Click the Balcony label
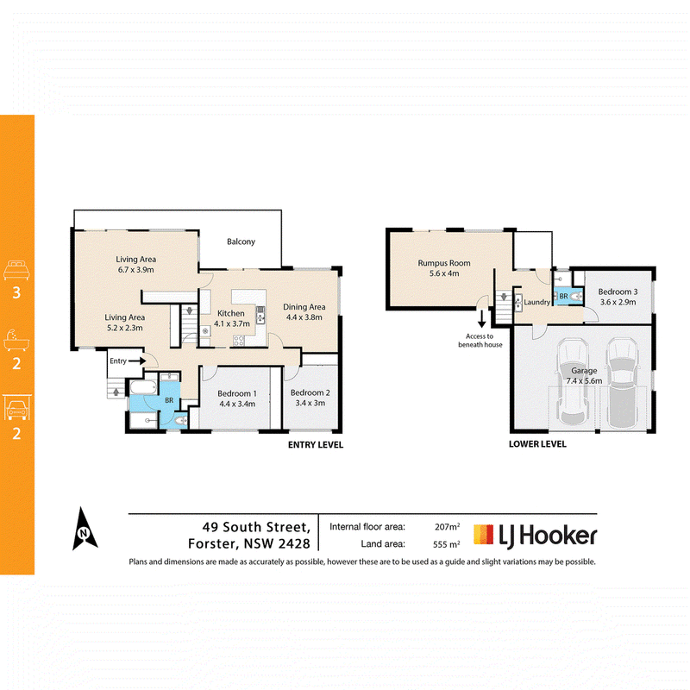coord(241,241)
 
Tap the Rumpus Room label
coord(444,263)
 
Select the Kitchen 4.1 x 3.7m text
coord(231,318)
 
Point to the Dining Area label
coord(304,307)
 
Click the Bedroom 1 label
coord(236,393)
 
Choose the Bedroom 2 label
coord(310,392)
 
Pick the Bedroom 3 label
coord(618,292)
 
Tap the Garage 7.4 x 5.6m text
coord(584,376)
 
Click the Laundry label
coord(536,302)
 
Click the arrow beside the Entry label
coord(137,361)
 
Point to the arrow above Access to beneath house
coord(482,319)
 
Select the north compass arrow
coord(85,529)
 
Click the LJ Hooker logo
coord(535,536)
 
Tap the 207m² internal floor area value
coord(447,526)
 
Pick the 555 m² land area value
coord(446,544)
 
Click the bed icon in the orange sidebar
coord(16,270)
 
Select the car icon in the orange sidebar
coord(17,407)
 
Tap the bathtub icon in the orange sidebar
coord(16,339)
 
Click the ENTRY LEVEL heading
coord(316,445)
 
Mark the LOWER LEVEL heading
coord(537,444)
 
